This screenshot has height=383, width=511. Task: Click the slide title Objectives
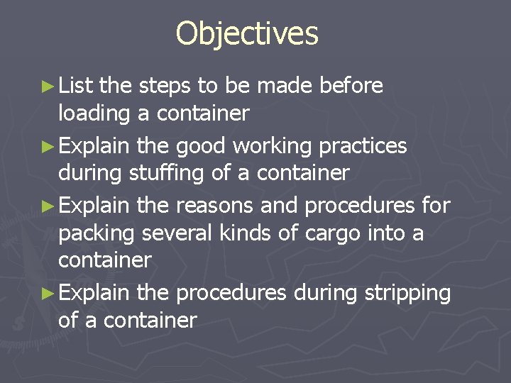pyautogui.click(x=247, y=34)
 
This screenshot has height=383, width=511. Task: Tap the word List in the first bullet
pyautogui.click(x=77, y=86)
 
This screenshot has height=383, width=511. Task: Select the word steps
pyautogui.click(x=165, y=86)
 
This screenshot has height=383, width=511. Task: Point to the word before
pyautogui.click(x=351, y=86)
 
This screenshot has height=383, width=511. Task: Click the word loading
pyautogui.click(x=94, y=113)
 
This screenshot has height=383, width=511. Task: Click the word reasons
pyautogui.click(x=214, y=205)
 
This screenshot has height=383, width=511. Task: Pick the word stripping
pyautogui.click(x=409, y=292)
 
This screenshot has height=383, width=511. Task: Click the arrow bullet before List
pyautogui.click(x=48, y=87)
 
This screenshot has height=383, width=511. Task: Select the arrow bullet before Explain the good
pyautogui.click(x=48, y=146)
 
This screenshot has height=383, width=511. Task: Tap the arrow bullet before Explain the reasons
pyautogui.click(x=48, y=206)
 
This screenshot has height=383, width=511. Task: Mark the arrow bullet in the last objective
pyautogui.click(x=48, y=293)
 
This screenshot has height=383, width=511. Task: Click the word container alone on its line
pyautogui.click(x=104, y=260)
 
